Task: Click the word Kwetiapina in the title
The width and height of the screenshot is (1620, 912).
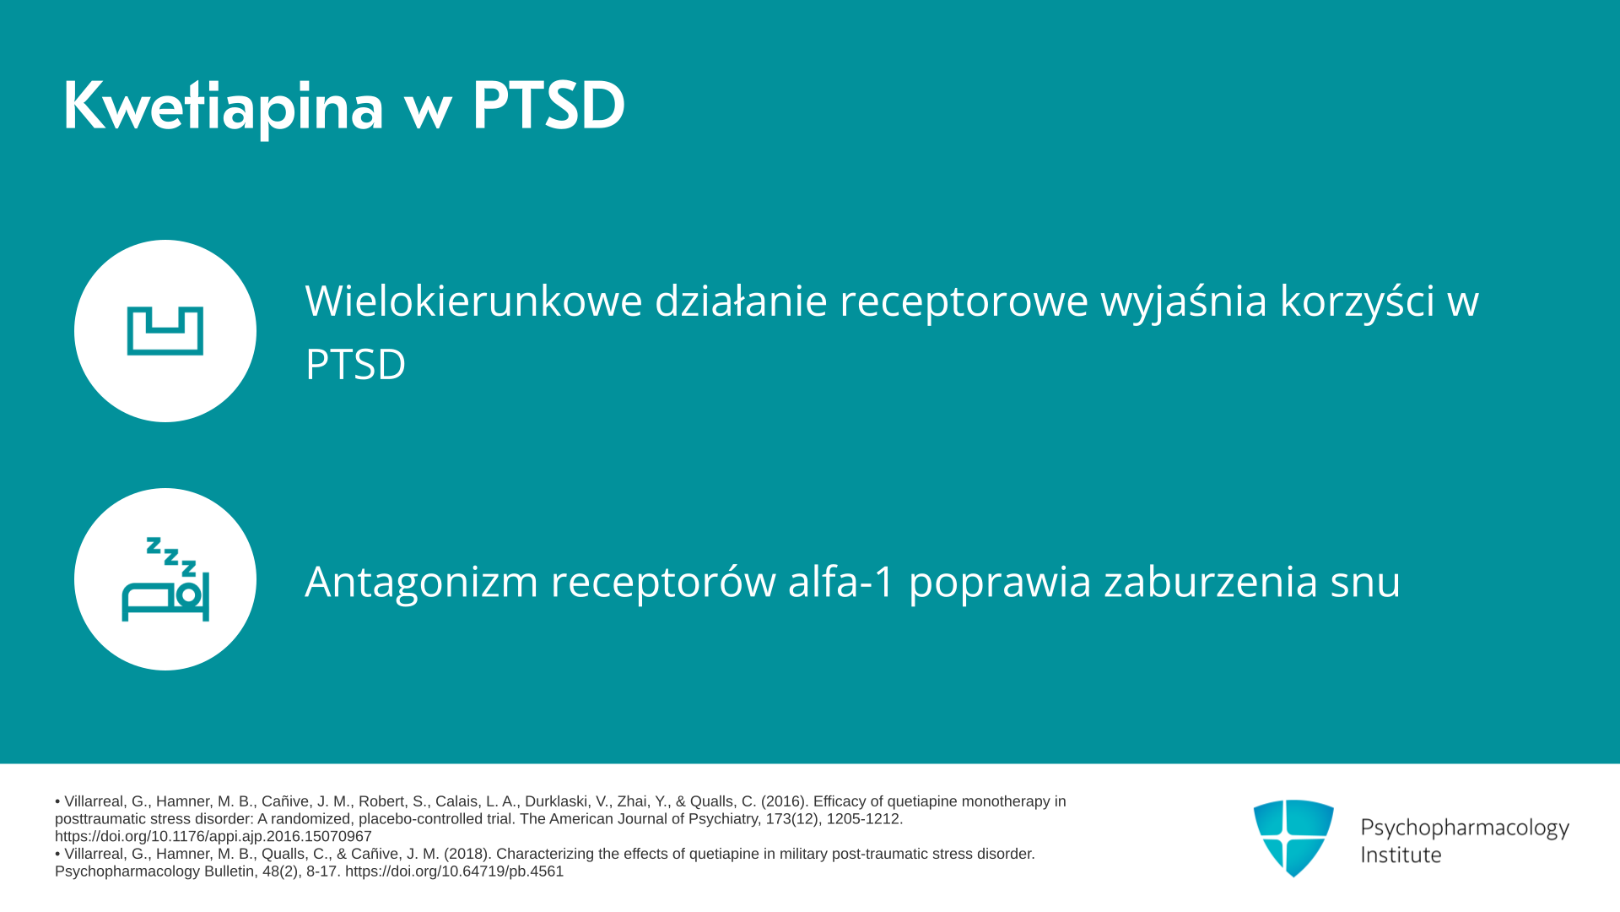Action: pyautogui.click(x=224, y=107)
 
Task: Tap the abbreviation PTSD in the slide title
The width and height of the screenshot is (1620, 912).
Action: pyautogui.click(x=548, y=106)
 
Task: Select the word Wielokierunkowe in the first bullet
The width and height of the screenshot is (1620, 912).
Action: pyautogui.click(x=474, y=301)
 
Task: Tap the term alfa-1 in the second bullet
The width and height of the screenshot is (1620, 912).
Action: pyautogui.click(x=841, y=581)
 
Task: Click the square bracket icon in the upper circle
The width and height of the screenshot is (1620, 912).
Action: pyautogui.click(x=165, y=331)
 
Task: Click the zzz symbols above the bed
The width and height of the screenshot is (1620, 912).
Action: pyautogui.click(x=171, y=556)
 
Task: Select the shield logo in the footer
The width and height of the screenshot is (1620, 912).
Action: pyautogui.click(x=1293, y=839)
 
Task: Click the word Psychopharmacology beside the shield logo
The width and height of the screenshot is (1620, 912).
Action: pyautogui.click(x=1465, y=828)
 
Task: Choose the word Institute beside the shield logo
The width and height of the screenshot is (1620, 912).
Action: pyautogui.click(x=1401, y=855)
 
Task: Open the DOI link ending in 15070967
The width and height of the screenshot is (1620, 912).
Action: pyautogui.click(x=213, y=837)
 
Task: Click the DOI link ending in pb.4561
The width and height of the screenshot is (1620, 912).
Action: pyautogui.click(x=454, y=871)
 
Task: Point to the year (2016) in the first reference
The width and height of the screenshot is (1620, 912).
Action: pyautogui.click(x=785, y=801)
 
